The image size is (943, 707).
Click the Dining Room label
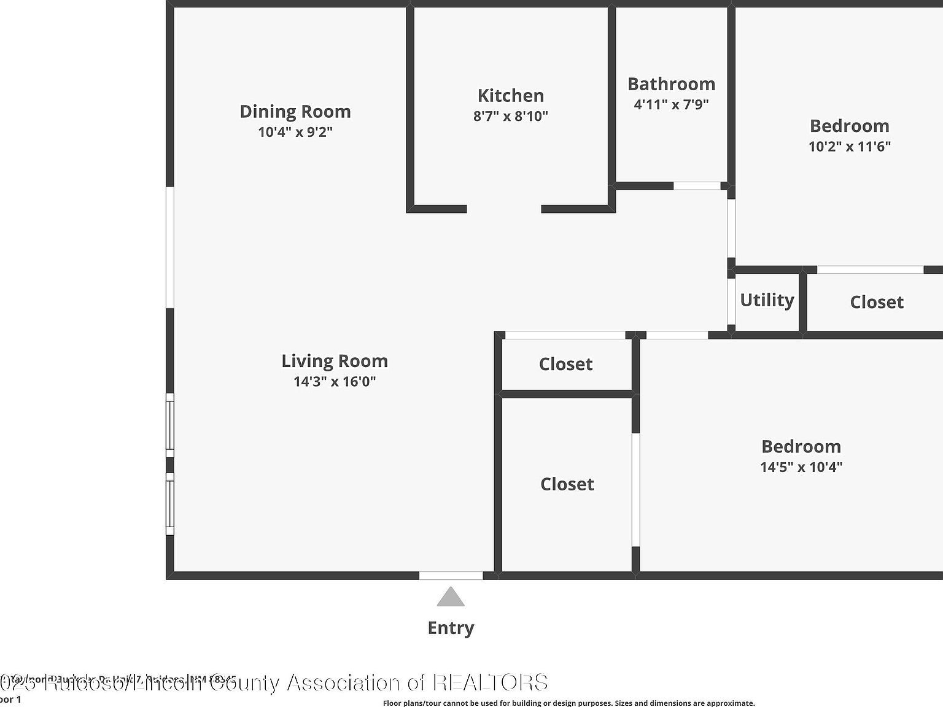point(295,112)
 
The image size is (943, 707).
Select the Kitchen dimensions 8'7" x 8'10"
point(510,116)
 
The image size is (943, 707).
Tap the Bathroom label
point(671,84)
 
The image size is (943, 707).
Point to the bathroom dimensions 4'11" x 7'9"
point(671,104)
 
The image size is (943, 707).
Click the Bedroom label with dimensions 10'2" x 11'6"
point(849,126)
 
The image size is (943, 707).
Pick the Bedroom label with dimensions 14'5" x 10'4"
point(801,447)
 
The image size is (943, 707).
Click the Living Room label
point(335,361)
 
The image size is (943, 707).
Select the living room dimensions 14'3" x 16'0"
point(335,382)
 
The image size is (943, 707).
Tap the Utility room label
point(767,300)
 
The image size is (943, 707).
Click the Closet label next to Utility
point(876,302)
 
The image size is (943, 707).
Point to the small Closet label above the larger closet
point(565,364)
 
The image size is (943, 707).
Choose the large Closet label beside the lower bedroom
point(567,484)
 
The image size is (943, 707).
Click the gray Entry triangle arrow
point(451,598)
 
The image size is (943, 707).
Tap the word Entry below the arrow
point(451,628)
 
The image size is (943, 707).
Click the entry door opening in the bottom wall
point(451,576)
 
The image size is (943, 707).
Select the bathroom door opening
point(697,186)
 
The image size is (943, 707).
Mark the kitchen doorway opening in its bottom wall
point(504,209)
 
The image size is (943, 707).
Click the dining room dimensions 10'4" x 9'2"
point(295,132)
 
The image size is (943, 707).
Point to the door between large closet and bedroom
point(636,490)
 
